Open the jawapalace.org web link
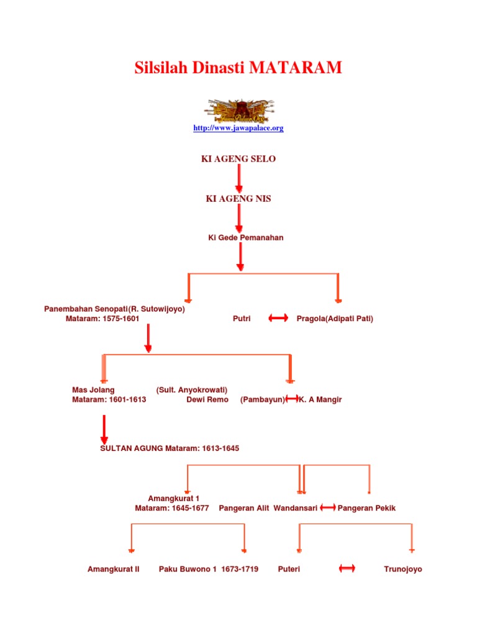tap(238, 128)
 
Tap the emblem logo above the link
tap(238, 110)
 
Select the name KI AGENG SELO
tap(238, 159)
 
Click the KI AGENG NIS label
tap(238, 199)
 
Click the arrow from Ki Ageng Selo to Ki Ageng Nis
tap(239, 179)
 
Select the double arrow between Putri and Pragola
tap(278, 319)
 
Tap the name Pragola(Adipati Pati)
tap(335, 319)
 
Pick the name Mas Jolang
tap(94, 390)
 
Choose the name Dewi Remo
tap(207, 400)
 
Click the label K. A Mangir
tap(320, 400)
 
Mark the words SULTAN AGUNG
tap(132, 448)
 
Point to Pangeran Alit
tap(244, 508)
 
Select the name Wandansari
tap(296, 508)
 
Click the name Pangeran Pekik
tap(366, 508)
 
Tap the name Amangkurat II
tap(114, 569)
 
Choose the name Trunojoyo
tap(403, 569)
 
